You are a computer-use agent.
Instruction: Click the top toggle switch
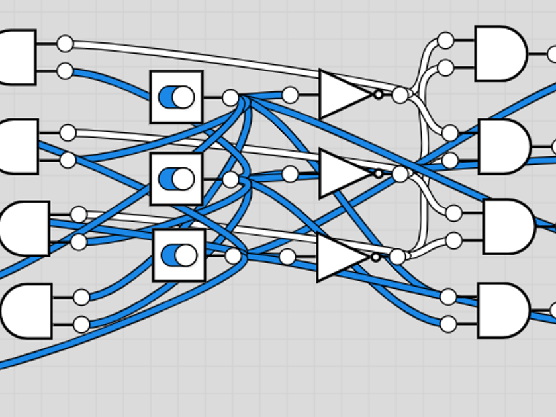point(176,97)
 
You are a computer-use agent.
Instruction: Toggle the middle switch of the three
point(176,179)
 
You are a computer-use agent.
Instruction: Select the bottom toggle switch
point(179,255)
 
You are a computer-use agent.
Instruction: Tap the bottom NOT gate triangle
point(342,257)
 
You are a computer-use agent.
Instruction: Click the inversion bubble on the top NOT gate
point(379,95)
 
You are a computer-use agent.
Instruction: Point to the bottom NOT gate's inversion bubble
point(376,257)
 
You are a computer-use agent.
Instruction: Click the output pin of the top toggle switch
point(230,98)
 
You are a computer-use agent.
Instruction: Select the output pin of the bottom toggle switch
point(233,256)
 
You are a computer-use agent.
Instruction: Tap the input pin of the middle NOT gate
point(290,174)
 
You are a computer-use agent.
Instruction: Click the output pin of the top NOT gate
point(400,95)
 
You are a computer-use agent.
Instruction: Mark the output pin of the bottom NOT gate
point(397,257)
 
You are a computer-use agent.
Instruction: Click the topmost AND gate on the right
point(500,54)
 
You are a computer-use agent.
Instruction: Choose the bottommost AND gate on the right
point(502,310)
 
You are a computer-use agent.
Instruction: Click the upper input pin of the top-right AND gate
point(445,40)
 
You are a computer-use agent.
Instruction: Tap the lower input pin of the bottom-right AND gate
point(448,324)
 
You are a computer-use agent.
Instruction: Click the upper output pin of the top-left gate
point(65,44)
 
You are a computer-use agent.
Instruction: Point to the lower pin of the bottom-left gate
point(81,324)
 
